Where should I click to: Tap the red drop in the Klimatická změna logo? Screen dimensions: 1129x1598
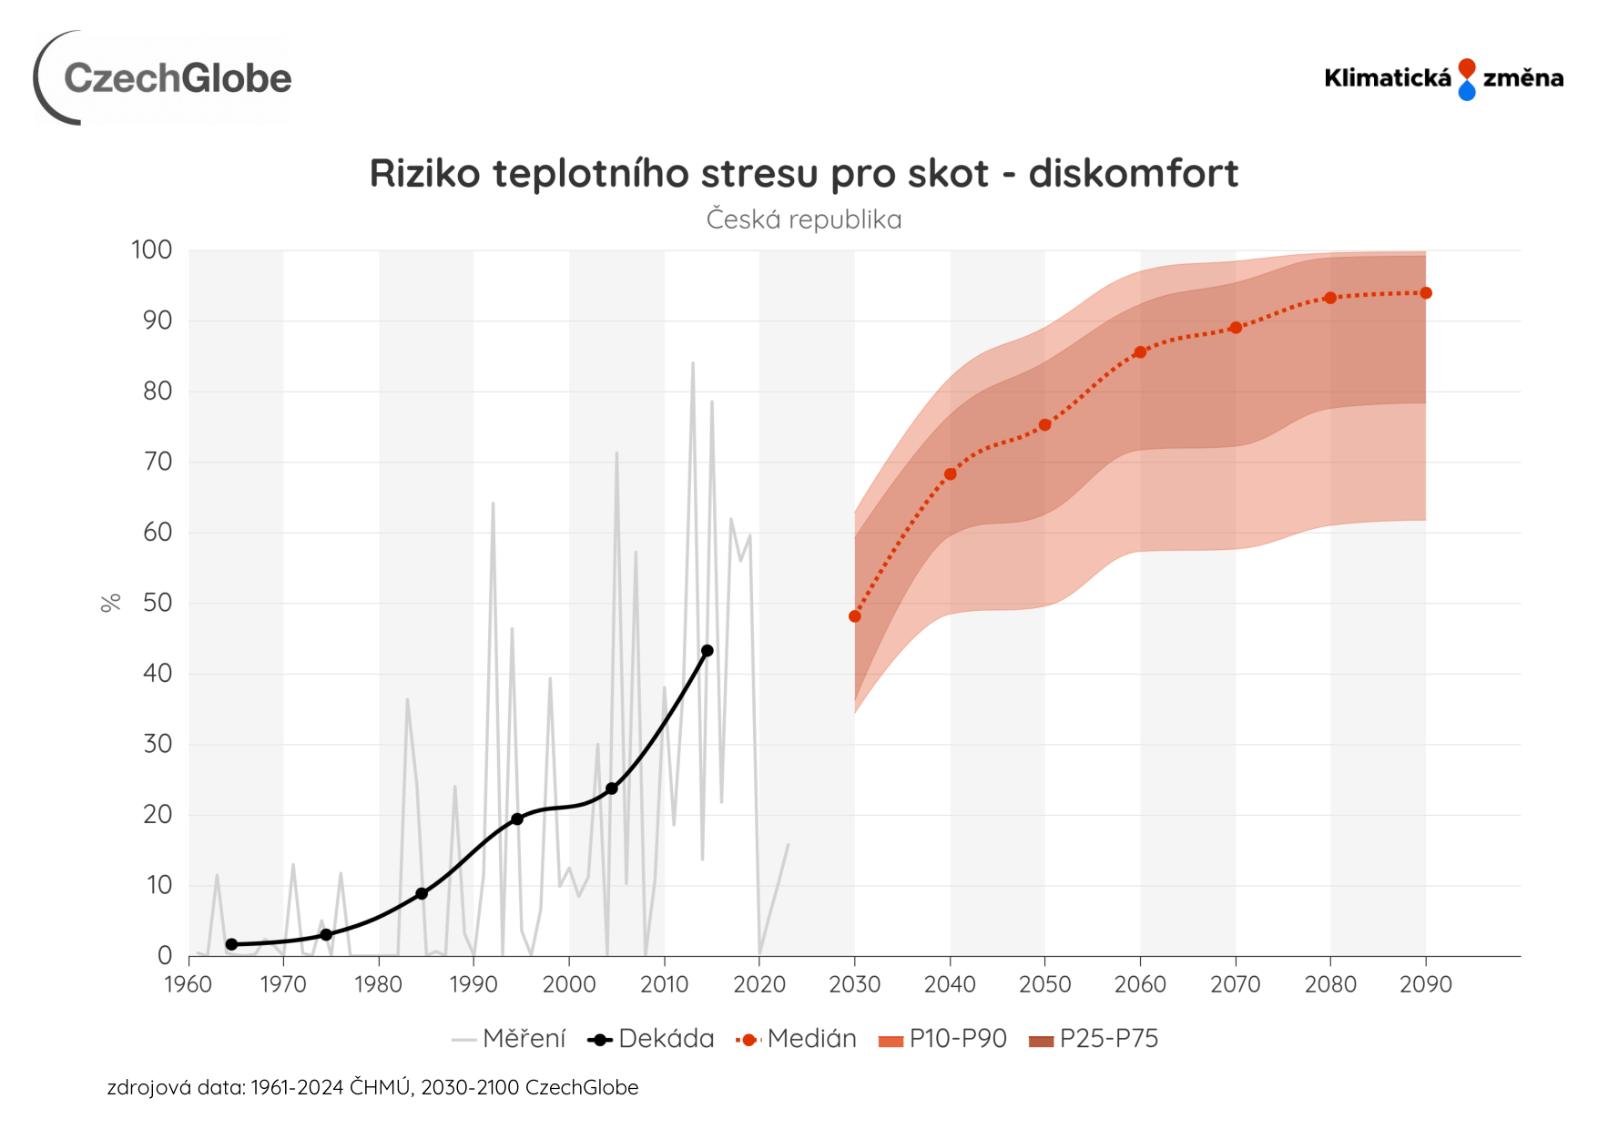point(1466,68)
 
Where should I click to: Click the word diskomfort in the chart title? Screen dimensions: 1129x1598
point(1133,173)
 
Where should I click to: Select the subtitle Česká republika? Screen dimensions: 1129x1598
point(803,219)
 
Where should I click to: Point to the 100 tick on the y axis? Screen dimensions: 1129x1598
point(152,249)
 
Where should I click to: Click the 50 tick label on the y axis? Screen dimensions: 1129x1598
point(158,603)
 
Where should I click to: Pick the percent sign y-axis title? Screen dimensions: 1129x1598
point(110,603)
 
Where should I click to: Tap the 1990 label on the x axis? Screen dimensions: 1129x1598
point(473,984)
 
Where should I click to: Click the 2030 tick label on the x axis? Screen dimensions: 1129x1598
point(854,984)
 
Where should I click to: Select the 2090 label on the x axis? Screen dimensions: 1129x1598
point(1425,984)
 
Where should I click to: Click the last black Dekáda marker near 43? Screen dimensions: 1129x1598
point(707,651)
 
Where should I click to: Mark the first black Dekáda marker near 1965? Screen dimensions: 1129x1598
point(231,944)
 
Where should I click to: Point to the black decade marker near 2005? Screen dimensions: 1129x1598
point(612,788)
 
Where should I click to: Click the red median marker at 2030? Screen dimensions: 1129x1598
point(854,616)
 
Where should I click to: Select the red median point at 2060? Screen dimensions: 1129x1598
point(1140,352)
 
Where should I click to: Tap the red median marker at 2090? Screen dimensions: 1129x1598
point(1426,293)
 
